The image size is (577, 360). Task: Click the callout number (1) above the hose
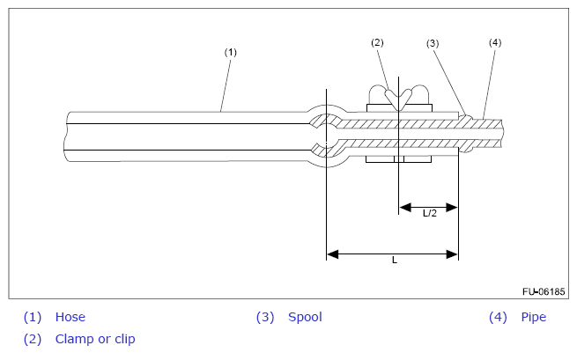point(230,52)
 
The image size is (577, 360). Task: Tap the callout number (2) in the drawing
point(377,41)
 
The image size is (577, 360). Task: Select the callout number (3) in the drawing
point(432,42)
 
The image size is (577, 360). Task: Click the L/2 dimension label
point(430,214)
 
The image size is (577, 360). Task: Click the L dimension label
point(394,261)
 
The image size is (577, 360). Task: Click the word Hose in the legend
point(70,317)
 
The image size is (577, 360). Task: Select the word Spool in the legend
point(305,317)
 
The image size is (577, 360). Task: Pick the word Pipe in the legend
point(533,317)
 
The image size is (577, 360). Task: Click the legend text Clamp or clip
point(95,338)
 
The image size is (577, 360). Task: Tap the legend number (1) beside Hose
point(33,317)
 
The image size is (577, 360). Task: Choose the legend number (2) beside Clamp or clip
point(33,338)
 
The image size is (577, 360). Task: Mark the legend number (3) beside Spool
point(265,317)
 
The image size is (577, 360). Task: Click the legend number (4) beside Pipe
point(499,317)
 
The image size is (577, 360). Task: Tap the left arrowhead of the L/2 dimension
point(404,208)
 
